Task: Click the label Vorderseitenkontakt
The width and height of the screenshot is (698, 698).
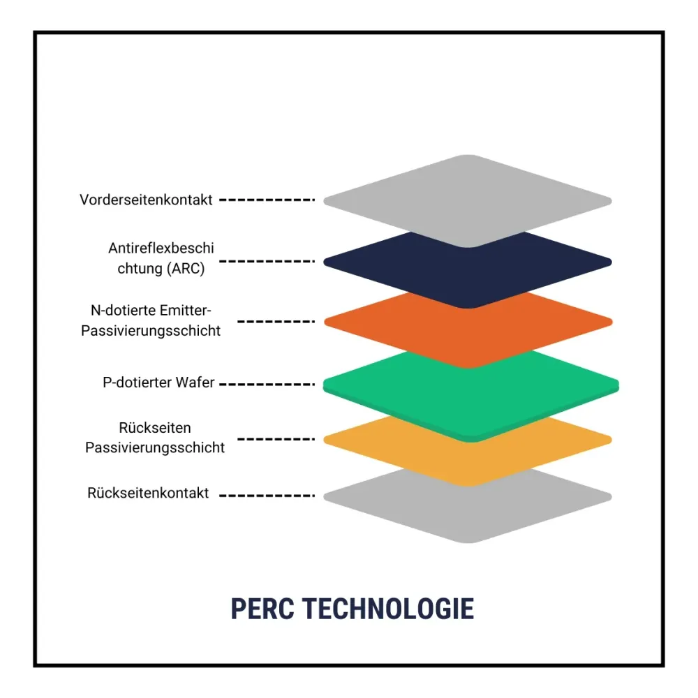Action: point(146,200)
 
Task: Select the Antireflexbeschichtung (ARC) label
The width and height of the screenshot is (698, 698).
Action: point(161,258)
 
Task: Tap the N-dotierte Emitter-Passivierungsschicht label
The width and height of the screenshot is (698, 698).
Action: point(151,320)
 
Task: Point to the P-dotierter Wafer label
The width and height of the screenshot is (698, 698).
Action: point(158,383)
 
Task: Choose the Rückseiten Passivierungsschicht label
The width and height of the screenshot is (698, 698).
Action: point(155,438)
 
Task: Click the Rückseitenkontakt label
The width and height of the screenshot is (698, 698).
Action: point(148,493)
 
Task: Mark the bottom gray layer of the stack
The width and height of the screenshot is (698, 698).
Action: point(468,512)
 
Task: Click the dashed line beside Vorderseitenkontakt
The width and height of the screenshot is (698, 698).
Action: point(267,200)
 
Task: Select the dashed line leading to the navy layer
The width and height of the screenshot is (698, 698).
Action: point(267,261)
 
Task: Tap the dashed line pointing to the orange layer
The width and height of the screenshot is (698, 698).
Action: point(276,321)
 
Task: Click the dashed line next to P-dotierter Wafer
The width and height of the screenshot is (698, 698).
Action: point(267,384)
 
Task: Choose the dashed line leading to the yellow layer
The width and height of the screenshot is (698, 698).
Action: point(276,439)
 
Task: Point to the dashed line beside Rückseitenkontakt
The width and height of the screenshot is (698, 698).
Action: point(267,496)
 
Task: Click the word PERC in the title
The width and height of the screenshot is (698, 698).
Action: point(262,609)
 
